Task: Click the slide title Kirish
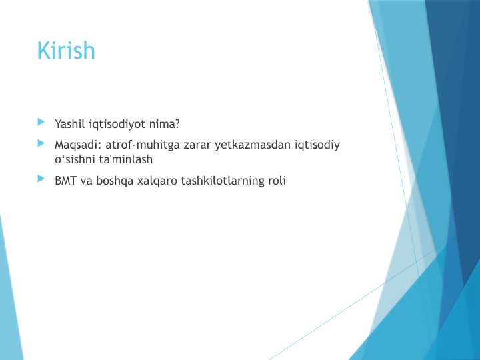66,51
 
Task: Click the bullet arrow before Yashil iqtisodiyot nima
42,123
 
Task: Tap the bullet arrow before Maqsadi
42,143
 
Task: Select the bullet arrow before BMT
42,179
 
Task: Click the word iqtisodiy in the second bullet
317,145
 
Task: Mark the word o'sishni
75,160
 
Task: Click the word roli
276,181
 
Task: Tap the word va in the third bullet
87,181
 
